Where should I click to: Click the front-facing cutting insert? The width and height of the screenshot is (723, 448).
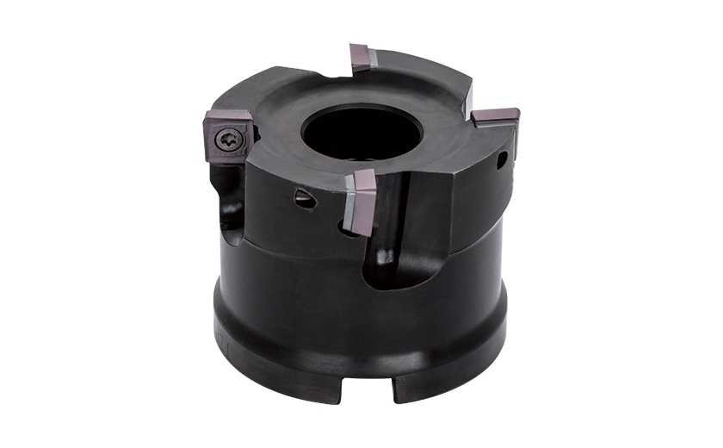(361, 200)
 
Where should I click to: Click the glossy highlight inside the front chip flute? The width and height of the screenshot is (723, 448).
(386, 256)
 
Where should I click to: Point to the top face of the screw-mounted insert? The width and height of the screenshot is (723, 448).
(226, 120)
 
